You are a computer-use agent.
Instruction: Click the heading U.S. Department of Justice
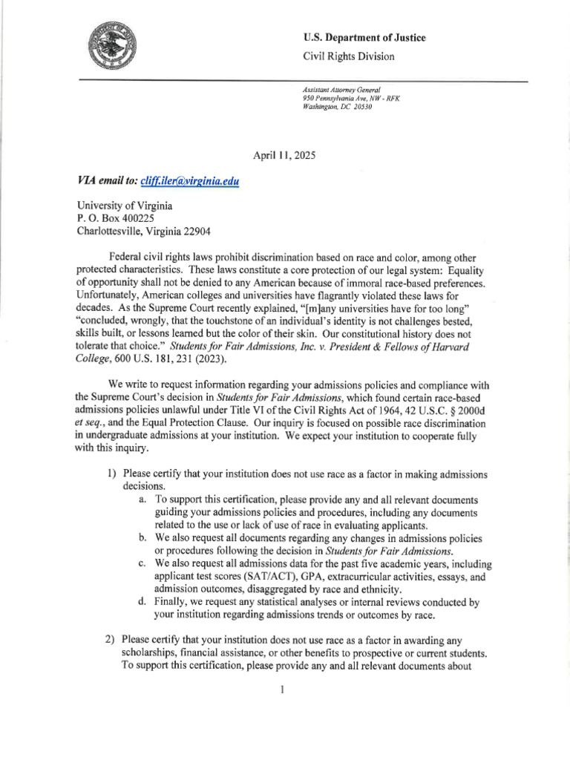364,38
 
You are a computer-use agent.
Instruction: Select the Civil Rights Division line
348,56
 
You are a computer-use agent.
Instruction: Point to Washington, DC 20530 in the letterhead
337,107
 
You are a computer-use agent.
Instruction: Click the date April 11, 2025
284,155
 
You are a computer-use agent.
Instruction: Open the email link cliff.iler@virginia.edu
189,180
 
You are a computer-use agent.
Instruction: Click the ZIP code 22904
195,231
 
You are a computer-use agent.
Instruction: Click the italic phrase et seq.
90,422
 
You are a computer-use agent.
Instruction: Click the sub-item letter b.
142,537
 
